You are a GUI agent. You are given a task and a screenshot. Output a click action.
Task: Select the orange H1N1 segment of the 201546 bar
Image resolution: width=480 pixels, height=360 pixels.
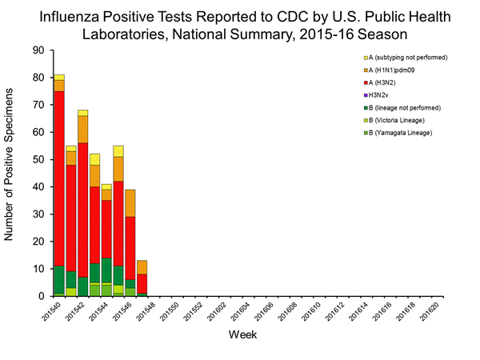(x=130, y=203)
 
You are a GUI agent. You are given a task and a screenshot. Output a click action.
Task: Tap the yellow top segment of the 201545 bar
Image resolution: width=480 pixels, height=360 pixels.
(x=118, y=151)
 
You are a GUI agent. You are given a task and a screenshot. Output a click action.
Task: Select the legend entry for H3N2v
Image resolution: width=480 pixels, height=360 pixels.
(x=383, y=94)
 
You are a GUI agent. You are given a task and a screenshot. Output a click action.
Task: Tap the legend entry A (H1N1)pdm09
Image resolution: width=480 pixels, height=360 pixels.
(x=396, y=70)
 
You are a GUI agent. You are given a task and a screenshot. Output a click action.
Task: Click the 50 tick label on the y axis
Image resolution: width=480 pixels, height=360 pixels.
(x=38, y=160)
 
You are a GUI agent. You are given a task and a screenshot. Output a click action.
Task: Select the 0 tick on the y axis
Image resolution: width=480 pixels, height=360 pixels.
(x=41, y=297)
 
